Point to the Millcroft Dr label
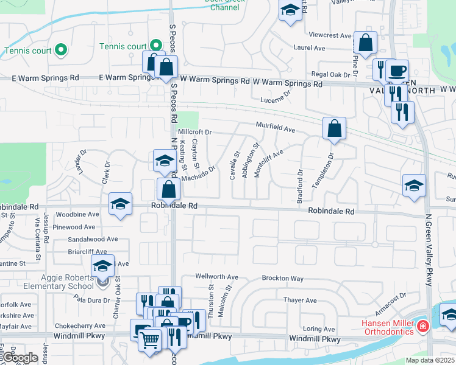click(x=194, y=132)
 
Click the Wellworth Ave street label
click(x=217, y=277)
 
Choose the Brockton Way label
click(x=282, y=279)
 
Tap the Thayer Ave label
click(x=300, y=301)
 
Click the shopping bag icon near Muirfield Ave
click(x=335, y=129)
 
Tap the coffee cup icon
click(x=397, y=71)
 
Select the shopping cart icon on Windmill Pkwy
click(x=150, y=339)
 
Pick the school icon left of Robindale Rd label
click(x=121, y=204)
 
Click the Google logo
click(x=20, y=358)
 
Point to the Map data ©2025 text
click(x=429, y=360)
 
